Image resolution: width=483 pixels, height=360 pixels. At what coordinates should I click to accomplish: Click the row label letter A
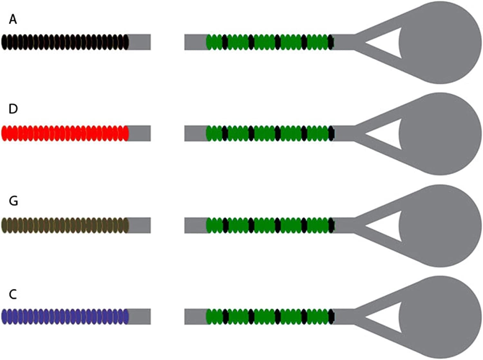pos(13,20)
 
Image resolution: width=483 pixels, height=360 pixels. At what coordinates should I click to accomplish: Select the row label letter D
pos(13,109)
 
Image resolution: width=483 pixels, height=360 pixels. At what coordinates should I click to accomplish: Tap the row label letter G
pos(14,201)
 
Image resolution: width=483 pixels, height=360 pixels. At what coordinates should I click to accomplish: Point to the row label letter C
pos(13,294)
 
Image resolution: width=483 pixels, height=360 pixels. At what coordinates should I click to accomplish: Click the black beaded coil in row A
pos(65,42)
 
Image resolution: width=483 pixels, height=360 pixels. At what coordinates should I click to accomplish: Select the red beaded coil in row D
pos(65,133)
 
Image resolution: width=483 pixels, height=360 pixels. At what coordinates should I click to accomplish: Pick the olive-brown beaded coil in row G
pos(65,225)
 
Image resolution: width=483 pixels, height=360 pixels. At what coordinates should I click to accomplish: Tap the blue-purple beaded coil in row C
pos(65,317)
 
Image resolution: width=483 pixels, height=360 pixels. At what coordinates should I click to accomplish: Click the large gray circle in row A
pos(440,42)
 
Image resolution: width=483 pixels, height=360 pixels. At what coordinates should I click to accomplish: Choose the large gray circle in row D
pos(440,134)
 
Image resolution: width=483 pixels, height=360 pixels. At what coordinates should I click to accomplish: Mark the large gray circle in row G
pos(440,226)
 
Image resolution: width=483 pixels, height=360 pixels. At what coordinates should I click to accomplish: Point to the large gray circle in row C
pos(440,317)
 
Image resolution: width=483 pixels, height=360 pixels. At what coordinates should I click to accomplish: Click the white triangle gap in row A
pos(387,43)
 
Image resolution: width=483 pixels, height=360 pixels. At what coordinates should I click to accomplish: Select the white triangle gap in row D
pos(387,134)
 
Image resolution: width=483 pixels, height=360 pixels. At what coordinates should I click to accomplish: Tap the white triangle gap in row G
pos(387,226)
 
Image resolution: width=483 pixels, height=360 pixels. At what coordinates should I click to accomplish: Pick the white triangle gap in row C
pos(387,317)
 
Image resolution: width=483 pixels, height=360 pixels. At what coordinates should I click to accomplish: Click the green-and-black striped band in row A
pos(270,42)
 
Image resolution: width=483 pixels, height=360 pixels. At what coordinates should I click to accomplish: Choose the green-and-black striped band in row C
pos(270,317)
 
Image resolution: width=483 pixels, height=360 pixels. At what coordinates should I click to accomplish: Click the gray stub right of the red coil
pos(139,133)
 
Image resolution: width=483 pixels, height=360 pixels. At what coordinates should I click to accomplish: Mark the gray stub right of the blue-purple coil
pos(139,317)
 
